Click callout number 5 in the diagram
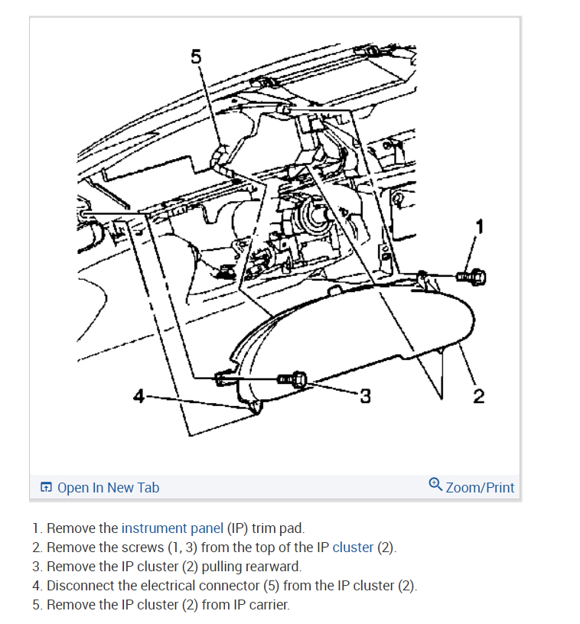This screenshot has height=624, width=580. coord(196,56)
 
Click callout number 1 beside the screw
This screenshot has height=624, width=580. coord(480,226)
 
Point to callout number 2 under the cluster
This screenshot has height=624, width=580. coord(478,395)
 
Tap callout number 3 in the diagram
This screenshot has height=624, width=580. coord(365,395)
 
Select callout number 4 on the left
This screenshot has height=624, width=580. coord(138,395)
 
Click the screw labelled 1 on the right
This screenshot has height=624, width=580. coord(471,275)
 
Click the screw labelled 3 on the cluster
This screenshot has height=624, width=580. coord(292,379)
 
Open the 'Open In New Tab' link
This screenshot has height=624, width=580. coord(108,487)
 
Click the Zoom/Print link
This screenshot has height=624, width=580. coord(480,487)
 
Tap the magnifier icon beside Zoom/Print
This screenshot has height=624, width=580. coord(435,484)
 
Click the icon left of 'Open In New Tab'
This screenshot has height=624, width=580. coord(47,488)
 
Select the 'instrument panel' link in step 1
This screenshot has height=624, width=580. coord(172,528)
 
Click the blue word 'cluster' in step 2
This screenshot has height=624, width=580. coord(353,548)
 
